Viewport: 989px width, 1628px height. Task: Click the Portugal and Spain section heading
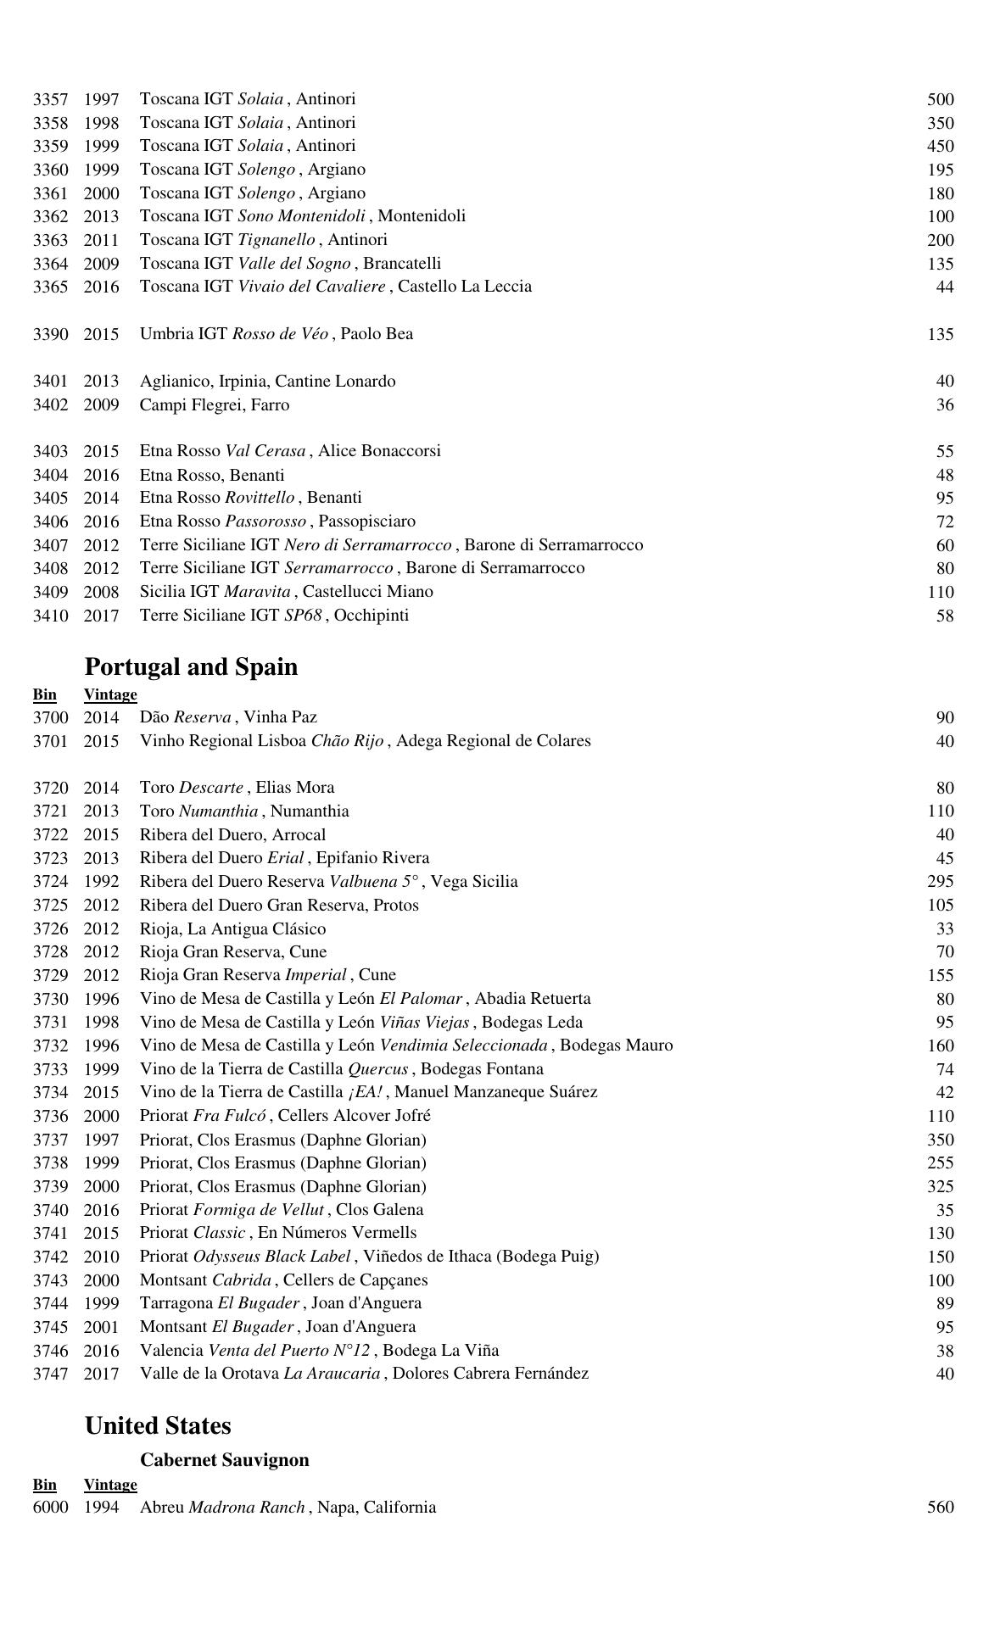[x=191, y=667]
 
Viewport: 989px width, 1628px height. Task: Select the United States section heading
[x=158, y=1426]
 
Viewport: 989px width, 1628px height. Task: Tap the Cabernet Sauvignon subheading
[x=225, y=1460]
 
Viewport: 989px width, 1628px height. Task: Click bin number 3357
[x=50, y=100]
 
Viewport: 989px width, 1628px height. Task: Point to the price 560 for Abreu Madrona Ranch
[x=940, y=1508]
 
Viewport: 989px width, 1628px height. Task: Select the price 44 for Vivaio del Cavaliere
[x=945, y=287]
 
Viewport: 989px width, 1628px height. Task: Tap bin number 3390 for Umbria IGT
[x=50, y=334]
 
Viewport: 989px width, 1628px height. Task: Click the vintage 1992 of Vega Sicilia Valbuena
[x=101, y=882]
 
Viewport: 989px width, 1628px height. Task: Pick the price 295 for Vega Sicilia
[x=940, y=882]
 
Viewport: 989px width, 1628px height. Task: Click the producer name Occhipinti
[x=372, y=616]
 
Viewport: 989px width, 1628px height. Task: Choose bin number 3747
[x=50, y=1374]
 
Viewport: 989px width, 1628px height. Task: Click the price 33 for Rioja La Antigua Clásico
[x=945, y=929]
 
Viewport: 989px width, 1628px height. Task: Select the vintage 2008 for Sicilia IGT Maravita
[x=101, y=592]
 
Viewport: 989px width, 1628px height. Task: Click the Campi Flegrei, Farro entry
[x=215, y=405]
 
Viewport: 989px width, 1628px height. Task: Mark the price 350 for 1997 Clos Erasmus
[x=940, y=1140]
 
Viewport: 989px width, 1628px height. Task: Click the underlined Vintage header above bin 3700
[x=110, y=695]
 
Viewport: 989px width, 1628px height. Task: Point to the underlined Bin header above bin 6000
[x=45, y=1485]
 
